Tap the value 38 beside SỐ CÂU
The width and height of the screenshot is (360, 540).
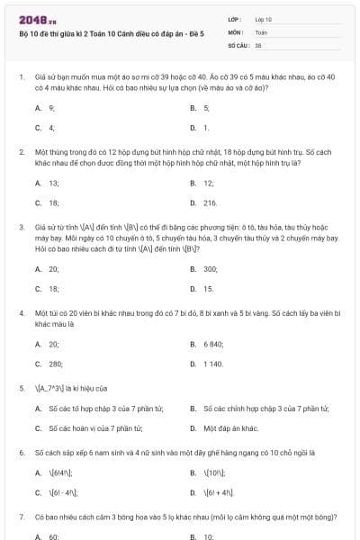point(258,44)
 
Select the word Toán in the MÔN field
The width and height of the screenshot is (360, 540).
point(261,31)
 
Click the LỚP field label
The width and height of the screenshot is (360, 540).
point(235,19)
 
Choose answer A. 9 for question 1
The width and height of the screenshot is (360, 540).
point(46,108)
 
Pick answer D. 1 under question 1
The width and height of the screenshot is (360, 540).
point(201,128)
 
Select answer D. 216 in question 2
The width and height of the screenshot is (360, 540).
point(204,203)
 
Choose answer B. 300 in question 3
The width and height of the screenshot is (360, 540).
point(204,269)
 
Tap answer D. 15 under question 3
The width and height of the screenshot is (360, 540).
point(202,289)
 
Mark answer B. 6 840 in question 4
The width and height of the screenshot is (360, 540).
point(206,344)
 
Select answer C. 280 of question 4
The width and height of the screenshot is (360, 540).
point(49,364)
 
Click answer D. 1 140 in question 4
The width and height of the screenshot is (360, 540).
point(206,364)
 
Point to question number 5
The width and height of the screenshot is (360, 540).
point(21,389)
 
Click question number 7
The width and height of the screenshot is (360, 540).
point(21,518)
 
